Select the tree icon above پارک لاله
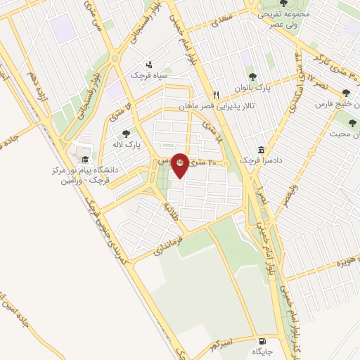click(x=126, y=133)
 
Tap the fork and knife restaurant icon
click(x=217, y=94)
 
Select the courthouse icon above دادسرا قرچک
click(x=262, y=150)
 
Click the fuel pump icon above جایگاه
click(x=264, y=337)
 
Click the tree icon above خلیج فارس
click(x=346, y=93)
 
